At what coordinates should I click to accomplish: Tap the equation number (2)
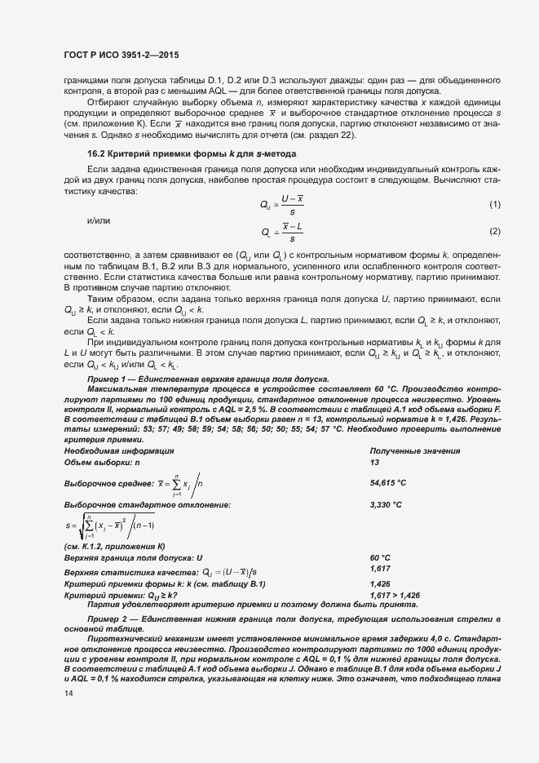(x=494, y=232)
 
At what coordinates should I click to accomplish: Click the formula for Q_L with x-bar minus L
(x=282, y=232)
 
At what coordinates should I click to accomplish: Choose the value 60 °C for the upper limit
(x=380, y=557)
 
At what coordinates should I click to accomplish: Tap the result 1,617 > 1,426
(x=395, y=596)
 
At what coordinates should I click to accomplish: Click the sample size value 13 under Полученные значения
(x=374, y=462)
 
